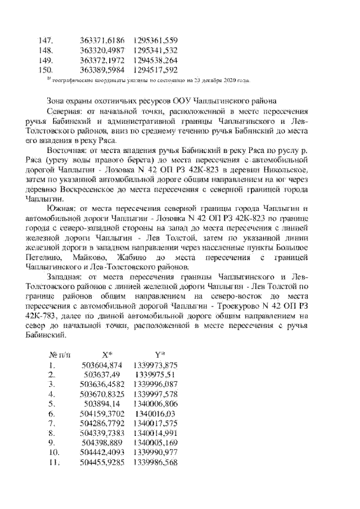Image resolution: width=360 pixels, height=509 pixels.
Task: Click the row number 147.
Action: point(45,40)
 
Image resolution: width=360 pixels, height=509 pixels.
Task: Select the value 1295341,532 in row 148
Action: point(156,50)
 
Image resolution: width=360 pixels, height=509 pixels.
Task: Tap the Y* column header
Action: point(159,355)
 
